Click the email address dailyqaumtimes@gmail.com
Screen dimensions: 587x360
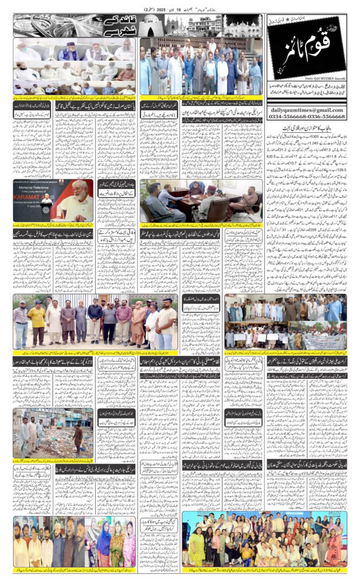tap(305, 110)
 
